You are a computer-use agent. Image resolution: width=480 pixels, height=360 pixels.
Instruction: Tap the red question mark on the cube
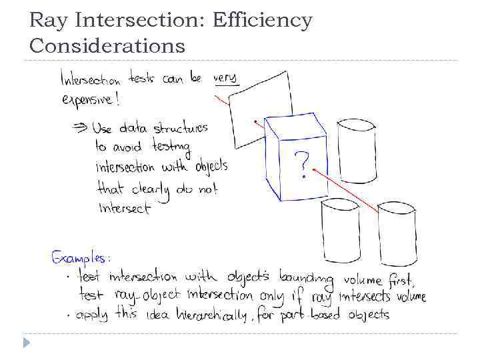point(302,164)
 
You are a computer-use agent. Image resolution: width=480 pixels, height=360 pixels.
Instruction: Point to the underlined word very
point(226,79)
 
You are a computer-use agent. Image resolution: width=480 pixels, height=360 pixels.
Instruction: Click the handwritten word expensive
point(90,100)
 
